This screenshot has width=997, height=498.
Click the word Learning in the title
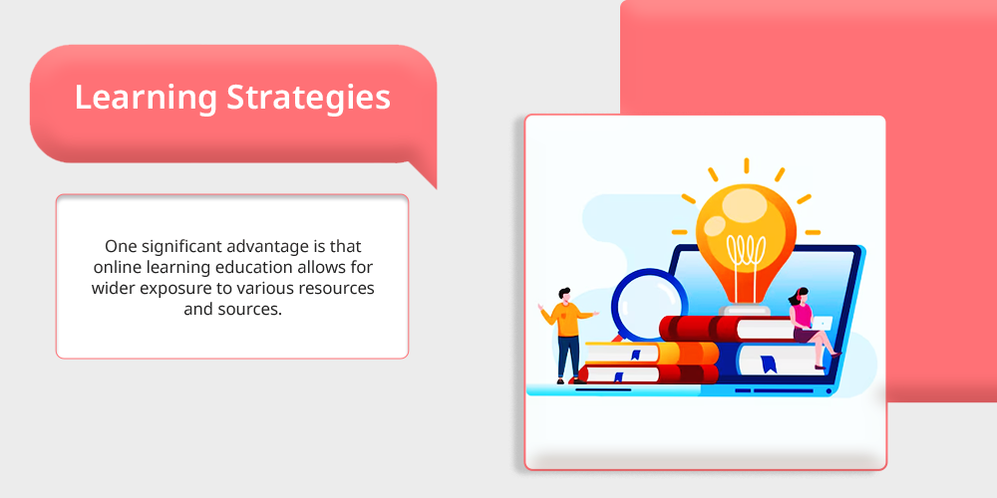(147, 98)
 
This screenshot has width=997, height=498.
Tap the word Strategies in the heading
(309, 97)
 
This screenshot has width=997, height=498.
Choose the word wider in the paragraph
(114, 288)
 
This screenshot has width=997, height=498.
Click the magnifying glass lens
(649, 304)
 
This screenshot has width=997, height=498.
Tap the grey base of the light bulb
(745, 310)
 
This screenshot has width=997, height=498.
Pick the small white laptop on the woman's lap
(823, 324)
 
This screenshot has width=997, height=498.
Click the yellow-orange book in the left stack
(651, 352)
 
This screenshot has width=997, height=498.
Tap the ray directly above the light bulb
(746, 165)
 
